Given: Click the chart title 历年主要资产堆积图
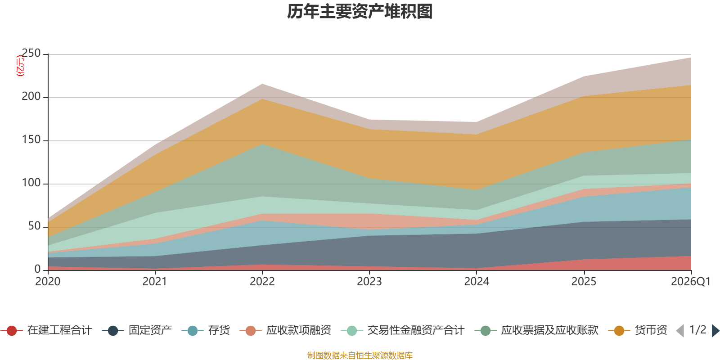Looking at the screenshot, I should click(x=360, y=12).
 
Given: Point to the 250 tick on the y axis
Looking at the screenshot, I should click(x=31, y=54).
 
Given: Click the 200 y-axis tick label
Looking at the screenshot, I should click(x=31, y=97).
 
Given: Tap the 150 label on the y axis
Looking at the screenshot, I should click(x=31, y=140).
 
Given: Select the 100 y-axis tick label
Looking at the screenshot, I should click(x=31, y=183).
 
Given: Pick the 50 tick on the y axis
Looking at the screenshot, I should click(x=34, y=226).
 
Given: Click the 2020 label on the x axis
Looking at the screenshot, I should click(x=48, y=282).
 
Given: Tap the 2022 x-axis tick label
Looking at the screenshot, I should click(x=262, y=282).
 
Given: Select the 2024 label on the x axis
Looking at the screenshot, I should click(x=477, y=282).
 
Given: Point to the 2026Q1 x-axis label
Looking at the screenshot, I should click(x=690, y=282).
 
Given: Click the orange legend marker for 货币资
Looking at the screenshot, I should click(x=619, y=331).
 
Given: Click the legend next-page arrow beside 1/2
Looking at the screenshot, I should click(x=715, y=331).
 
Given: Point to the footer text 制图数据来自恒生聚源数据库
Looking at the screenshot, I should click(x=360, y=355).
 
